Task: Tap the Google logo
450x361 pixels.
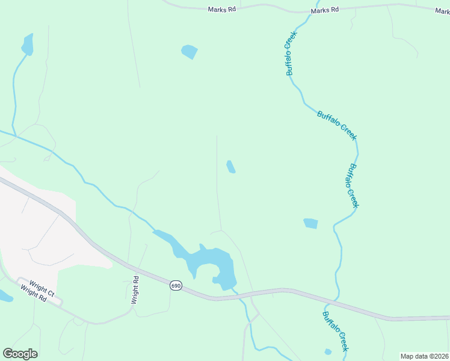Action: coord(20,354)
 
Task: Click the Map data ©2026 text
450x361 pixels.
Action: coord(425,356)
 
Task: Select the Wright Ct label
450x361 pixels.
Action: coord(40,287)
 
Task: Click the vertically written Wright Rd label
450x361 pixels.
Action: coord(136,289)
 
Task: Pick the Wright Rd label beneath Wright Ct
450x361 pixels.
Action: coord(34,294)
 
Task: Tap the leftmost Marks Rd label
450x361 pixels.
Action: coord(221,10)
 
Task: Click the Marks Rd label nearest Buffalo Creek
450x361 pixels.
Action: coord(325,10)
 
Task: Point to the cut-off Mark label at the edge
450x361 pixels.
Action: coord(443,10)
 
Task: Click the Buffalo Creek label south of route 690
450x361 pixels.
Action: coord(335,332)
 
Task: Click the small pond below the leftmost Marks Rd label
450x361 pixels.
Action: coord(189,52)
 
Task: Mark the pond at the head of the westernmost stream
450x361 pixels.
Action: coord(27,45)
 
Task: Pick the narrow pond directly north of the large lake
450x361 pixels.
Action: coord(230,167)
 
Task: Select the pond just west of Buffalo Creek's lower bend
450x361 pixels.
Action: coord(310,223)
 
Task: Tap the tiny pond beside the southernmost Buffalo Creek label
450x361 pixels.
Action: coord(328,352)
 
